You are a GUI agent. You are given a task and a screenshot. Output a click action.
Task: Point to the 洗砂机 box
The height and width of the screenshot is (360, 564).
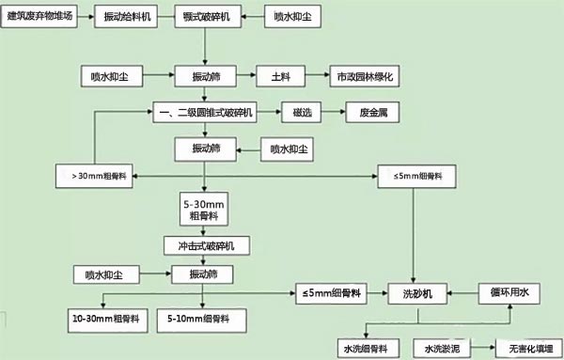[415, 294]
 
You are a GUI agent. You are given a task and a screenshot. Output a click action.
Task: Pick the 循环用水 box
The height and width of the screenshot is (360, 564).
[512, 294]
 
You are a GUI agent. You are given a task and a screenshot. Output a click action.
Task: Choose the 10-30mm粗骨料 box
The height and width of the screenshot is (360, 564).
[103, 321]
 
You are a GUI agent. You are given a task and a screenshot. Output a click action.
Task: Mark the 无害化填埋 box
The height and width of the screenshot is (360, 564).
[524, 348]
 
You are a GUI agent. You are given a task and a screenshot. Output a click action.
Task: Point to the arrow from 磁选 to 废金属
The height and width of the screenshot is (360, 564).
[329, 113]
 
